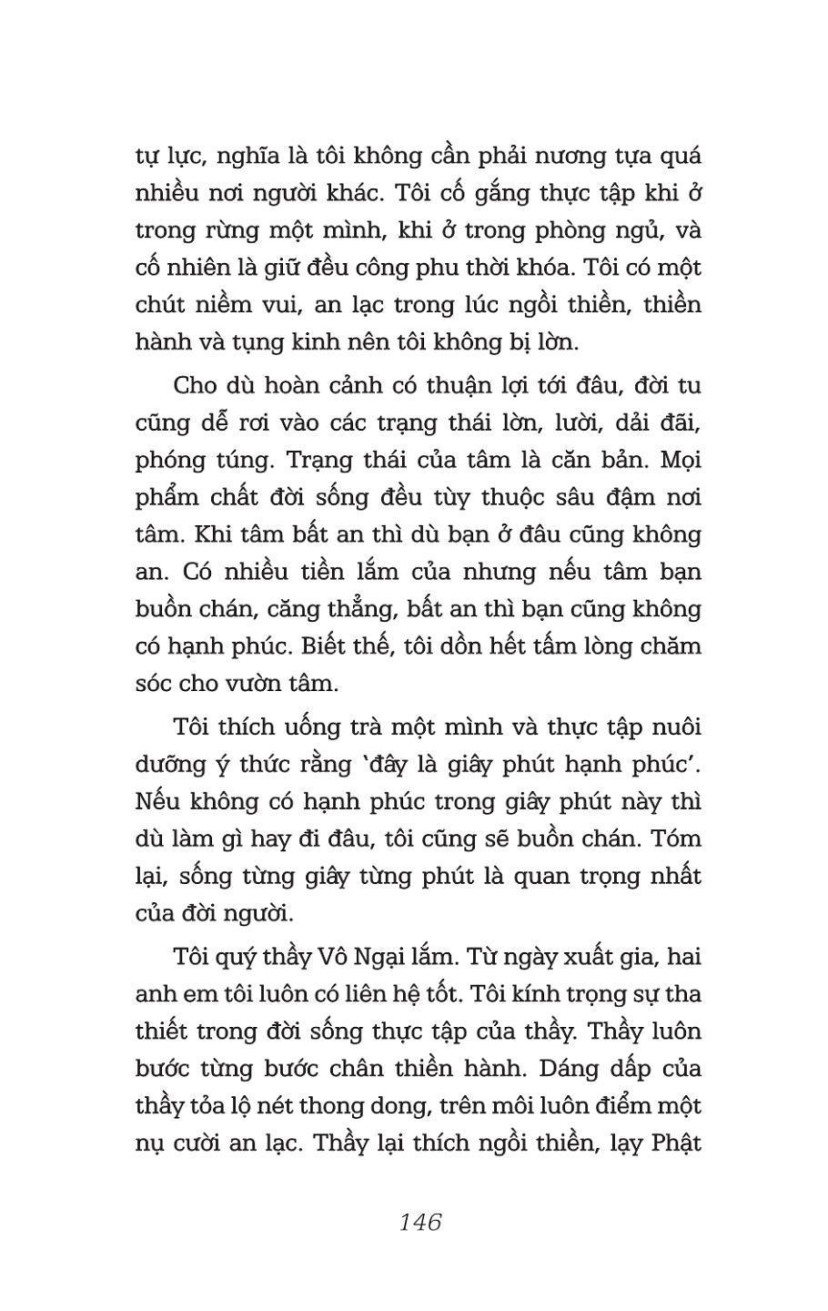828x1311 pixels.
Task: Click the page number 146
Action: pyautogui.click(x=419, y=1222)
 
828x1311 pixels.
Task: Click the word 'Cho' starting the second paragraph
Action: pyautogui.click(x=193, y=385)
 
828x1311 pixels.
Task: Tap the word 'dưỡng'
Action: pyautogui.click(x=177, y=765)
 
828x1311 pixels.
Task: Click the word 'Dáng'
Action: pyautogui.click(x=561, y=1068)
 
